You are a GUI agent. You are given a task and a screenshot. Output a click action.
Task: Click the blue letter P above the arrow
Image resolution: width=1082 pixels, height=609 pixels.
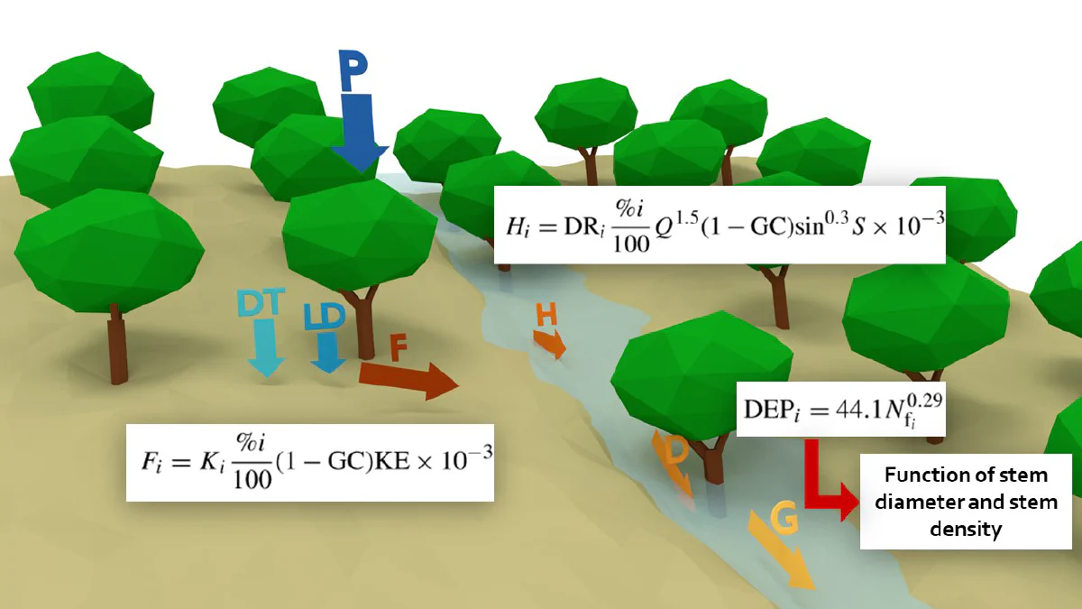[x=354, y=70]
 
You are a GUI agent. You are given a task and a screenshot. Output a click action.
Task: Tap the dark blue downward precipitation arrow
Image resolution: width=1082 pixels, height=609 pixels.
[x=360, y=134]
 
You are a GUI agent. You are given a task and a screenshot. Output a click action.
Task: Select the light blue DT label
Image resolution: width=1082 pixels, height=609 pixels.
[x=261, y=302]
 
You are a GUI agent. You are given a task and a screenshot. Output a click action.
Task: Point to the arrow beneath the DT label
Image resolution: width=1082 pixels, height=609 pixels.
[x=266, y=348]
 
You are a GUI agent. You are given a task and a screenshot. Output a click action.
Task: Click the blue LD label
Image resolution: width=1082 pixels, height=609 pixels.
[x=325, y=317]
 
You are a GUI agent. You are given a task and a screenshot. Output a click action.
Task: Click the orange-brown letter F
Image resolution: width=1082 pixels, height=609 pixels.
[x=398, y=348]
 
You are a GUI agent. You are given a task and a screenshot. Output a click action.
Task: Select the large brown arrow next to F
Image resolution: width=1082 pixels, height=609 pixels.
[x=408, y=381]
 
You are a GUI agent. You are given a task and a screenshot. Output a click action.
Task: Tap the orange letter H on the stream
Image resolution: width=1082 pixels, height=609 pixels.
[x=546, y=315]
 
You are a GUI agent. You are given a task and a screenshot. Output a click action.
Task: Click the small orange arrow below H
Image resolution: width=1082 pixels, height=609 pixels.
[x=550, y=344]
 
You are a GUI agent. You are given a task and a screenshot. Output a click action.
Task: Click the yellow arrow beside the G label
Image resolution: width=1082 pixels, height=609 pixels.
[x=781, y=551]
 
